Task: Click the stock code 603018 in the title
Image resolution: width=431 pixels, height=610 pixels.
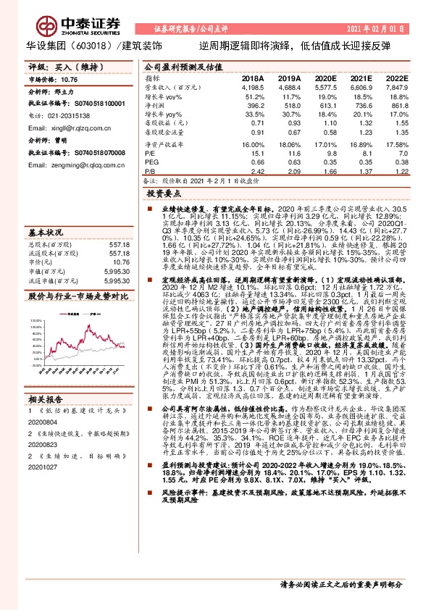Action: [88, 43]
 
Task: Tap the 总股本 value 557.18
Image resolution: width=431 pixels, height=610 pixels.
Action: [120, 244]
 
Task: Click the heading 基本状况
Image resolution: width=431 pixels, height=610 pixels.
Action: [44, 233]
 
